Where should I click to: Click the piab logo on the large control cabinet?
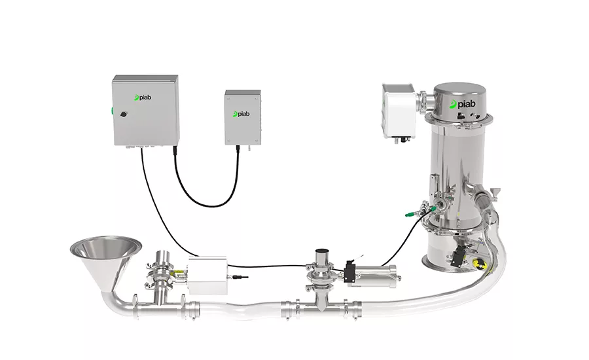143,98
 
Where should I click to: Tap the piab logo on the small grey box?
241,114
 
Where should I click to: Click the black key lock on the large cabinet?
124,113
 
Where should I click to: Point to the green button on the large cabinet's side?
112,111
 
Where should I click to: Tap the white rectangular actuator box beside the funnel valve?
207,275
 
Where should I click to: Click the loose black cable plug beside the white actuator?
240,278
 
